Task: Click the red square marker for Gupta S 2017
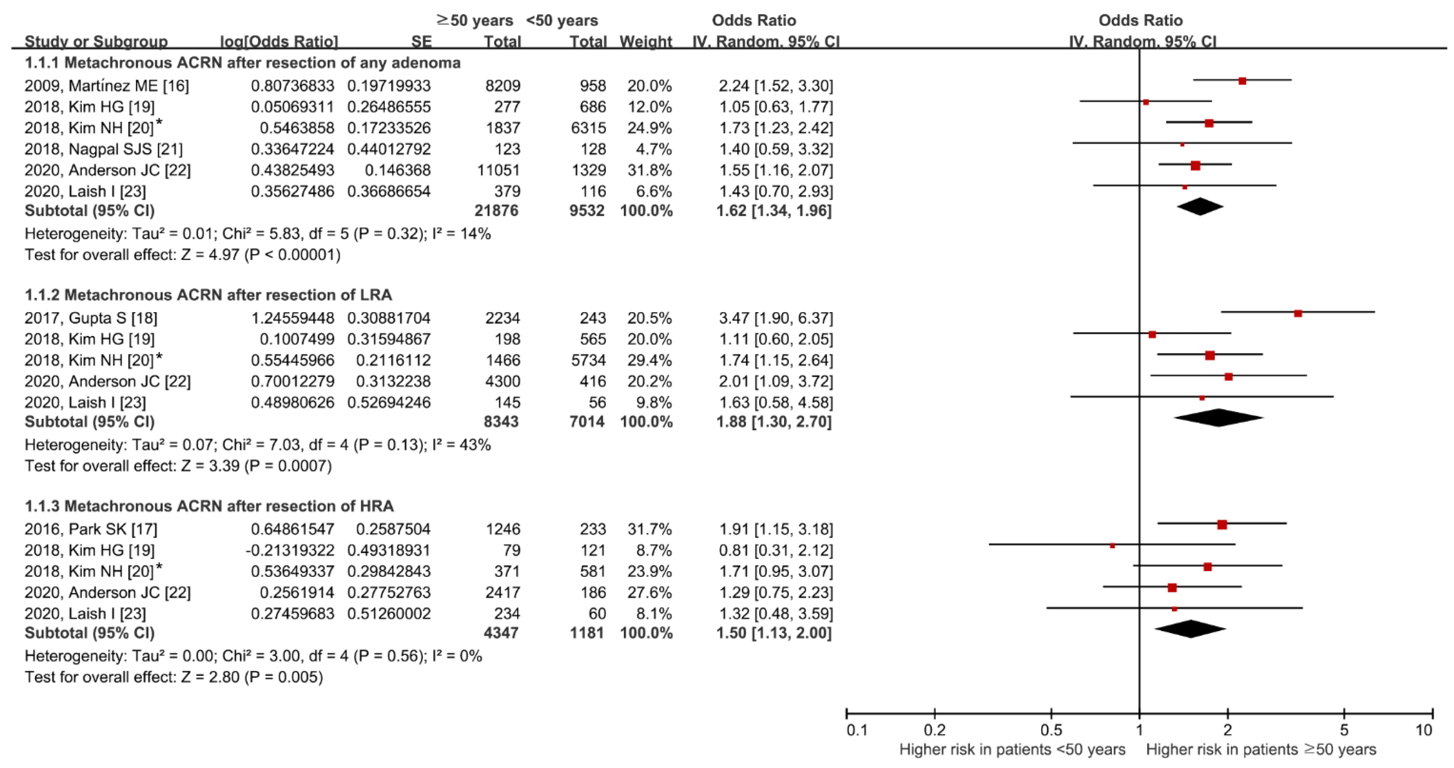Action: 1297,313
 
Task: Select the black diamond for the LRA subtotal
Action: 1218,418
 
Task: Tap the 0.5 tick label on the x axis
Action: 1050,730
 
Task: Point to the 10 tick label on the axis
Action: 1424,730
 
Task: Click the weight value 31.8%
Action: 649,170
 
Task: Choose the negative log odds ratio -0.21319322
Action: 290,550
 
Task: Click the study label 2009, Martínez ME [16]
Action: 107,86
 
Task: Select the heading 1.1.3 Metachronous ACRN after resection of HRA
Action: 209,506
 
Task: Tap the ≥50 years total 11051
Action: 499,170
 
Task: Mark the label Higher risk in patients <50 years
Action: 1012,749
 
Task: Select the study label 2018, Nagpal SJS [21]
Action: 103,149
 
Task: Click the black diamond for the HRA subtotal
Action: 1190,629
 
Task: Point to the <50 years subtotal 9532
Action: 587,211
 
